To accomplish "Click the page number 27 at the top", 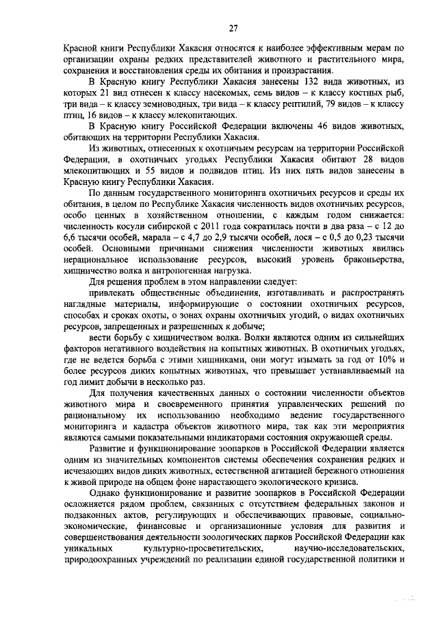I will (x=233, y=28).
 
